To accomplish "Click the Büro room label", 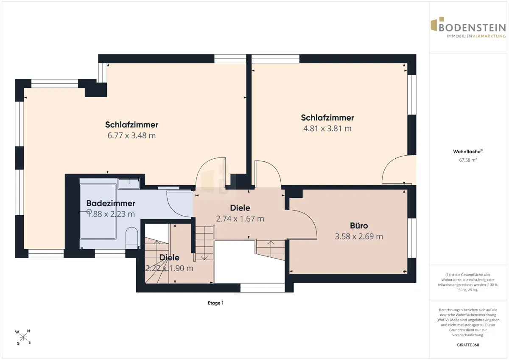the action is [359, 225].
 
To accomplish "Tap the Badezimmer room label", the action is [111, 203].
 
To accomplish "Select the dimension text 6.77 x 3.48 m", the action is [131, 135].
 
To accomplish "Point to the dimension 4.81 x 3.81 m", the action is [327, 129].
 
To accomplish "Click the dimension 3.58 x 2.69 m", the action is [359, 236].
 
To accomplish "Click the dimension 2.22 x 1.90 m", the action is [169, 268].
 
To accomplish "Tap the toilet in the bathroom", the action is [132, 237].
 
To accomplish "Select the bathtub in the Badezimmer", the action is [98, 211].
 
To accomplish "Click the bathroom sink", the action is [129, 183].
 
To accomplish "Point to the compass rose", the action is [23, 337].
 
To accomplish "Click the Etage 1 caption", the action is [215, 303].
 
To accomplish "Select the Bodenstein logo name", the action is [472, 28].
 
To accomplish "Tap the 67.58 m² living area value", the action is [468, 160].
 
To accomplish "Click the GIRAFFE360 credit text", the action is [468, 345].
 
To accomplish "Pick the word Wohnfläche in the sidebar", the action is [467, 152].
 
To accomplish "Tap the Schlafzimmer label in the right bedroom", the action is [327, 118].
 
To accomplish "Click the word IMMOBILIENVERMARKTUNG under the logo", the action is [476, 36].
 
